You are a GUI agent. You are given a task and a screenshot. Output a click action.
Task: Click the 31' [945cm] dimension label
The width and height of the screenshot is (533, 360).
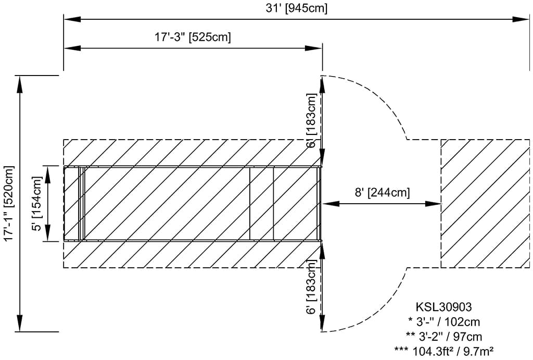pyautogui.click(x=296, y=8)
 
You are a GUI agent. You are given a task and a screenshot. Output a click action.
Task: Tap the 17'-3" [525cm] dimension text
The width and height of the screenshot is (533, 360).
pyautogui.click(x=193, y=36)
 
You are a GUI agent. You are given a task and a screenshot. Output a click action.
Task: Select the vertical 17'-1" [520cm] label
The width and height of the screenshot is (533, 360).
pyautogui.click(x=9, y=203)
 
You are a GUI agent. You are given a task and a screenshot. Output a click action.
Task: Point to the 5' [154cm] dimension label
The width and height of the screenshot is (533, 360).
pyautogui.click(x=37, y=204)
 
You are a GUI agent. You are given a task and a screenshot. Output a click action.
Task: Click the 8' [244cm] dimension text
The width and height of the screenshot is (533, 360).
pyautogui.click(x=383, y=192)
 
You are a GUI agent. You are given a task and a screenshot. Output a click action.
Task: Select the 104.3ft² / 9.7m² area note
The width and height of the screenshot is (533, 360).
pyautogui.click(x=444, y=350)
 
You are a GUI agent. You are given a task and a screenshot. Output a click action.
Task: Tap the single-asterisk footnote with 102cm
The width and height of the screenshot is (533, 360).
pyautogui.click(x=444, y=322)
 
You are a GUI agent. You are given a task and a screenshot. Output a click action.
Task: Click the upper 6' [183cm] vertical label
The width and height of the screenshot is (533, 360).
pyautogui.click(x=311, y=120)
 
